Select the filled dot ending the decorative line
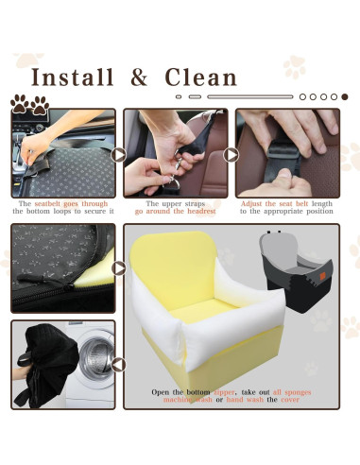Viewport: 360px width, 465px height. click(x=344, y=96)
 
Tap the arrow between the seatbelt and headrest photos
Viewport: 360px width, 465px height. click(x=119, y=154)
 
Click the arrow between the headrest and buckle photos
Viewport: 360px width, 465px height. click(x=231, y=154)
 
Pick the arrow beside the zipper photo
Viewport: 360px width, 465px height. click(x=119, y=267)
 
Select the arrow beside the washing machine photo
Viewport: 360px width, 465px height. click(x=119, y=364)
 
